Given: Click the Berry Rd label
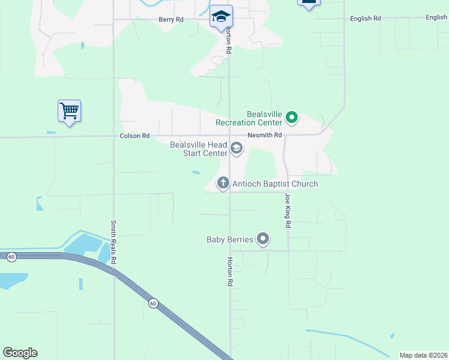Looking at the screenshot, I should [171, 19].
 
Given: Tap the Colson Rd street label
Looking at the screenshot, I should [134, 136].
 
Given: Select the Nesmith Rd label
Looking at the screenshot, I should [268, 136].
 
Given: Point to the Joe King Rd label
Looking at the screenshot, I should [288, 210].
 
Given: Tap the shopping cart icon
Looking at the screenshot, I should [69, 110].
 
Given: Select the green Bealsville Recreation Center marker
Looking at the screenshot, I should [292, 117].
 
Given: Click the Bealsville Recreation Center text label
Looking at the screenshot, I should [249, 118].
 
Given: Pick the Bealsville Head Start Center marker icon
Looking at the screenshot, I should [237, 148].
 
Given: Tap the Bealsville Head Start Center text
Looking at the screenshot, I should [199, 149].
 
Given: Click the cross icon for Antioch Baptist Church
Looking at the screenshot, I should [223, 183].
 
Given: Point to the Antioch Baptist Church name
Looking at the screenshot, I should [275, 184].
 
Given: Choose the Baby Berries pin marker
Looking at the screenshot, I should [263, 239].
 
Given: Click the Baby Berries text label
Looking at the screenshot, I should [230, 240].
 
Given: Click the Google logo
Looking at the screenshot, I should [20, 353].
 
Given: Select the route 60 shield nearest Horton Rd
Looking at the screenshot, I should [153, 304].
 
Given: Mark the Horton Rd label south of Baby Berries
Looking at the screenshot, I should [229, 271].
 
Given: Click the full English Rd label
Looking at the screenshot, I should [366, 19].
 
